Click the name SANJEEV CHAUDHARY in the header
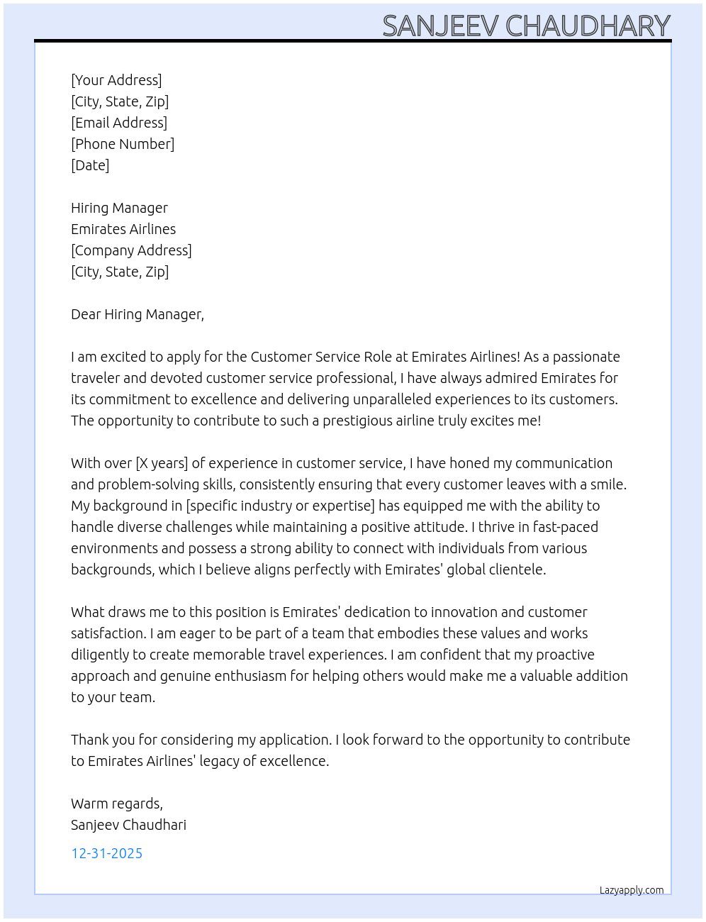526,26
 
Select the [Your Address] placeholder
116,80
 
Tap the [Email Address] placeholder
119,123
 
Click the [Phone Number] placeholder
123,144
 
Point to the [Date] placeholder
90,165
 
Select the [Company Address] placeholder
131,250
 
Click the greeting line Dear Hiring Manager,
138,314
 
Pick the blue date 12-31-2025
106,853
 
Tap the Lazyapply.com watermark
632,890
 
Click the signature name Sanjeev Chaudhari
128,825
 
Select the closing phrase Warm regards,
117,804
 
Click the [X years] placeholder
162,463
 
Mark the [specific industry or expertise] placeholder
280,506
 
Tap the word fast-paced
565,527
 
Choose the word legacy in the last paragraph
219,761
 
